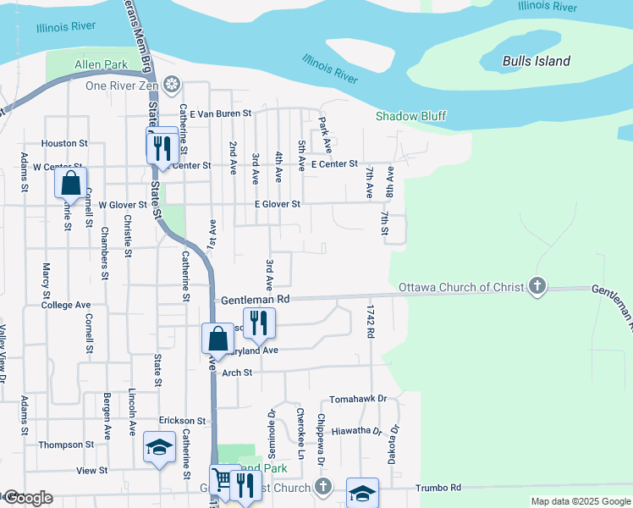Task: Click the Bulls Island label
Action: [536, 61]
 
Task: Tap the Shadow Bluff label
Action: [410, 116]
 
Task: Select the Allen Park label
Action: [101, 64]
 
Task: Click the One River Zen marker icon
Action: [172, 85]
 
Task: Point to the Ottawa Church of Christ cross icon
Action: [537, 287]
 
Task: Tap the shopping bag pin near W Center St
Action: [71, 183]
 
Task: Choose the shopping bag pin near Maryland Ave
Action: [217, 339]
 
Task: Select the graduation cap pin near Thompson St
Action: [157, 449]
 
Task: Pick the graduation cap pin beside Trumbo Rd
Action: [362, 493]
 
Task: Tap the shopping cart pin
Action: [222, 480]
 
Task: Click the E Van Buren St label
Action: [221, 113]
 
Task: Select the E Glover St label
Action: [278, 204]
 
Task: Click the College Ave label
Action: [65, 305]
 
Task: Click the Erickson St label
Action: [182, 420]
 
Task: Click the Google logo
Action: [27, 498]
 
